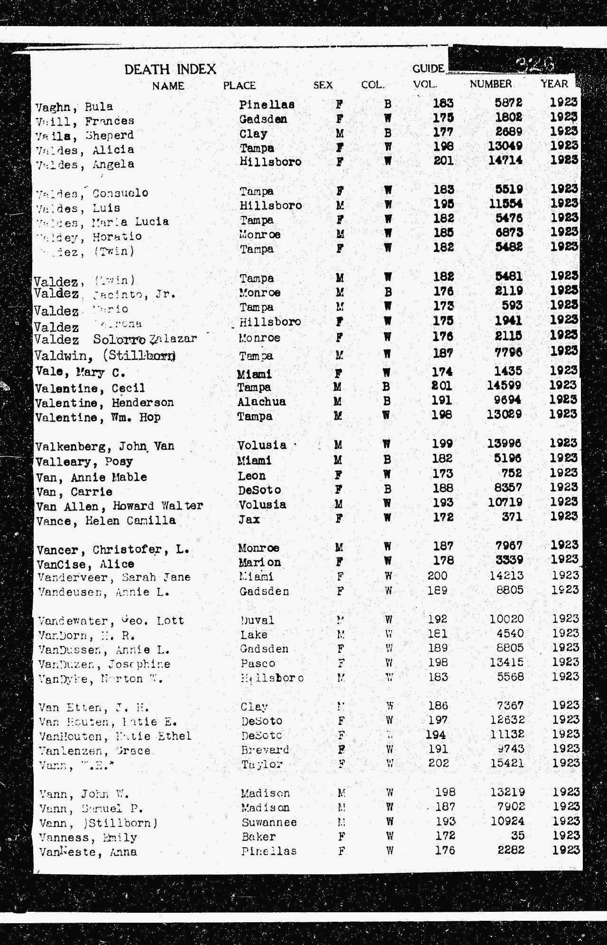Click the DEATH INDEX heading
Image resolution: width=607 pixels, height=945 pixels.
[x=170, y=69]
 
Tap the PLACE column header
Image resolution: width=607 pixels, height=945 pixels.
[x=239, y=85]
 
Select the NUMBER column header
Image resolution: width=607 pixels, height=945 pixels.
[x=490, y=84]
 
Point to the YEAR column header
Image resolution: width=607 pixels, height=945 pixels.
[x=554, y=84]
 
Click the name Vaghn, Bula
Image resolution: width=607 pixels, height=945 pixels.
[x=74, y=106]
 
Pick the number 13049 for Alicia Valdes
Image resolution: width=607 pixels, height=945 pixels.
[x=505, y=146]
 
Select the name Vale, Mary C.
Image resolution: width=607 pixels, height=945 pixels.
[x=80, y=372]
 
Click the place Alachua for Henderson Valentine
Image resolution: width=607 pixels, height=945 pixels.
[x=262, y=402]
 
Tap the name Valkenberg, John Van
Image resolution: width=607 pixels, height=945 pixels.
[x=105, y=446]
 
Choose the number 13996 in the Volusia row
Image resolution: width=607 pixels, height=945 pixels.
[x=504, y=444]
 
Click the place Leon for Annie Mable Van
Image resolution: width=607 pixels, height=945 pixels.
[x=252, y=475]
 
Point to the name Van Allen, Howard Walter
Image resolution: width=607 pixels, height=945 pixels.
[x=120, y=506]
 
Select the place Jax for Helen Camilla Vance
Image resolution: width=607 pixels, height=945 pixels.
[x=249, y=519]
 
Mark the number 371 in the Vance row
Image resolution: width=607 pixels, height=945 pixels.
[x=512, y=517]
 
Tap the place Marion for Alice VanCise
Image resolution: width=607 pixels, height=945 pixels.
[x=259, y=562]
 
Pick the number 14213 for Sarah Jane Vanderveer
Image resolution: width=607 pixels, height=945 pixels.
[x=506, y=575]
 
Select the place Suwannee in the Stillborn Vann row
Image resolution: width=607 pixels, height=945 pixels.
[x=269, y=822]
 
